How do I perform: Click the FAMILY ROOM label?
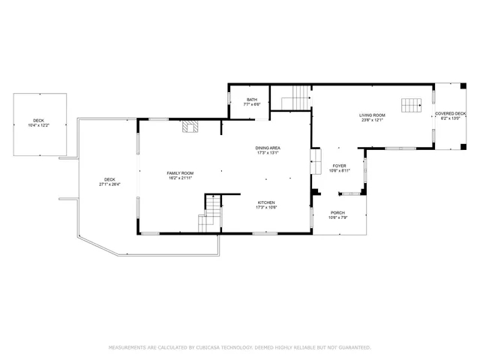(x=180, y=173)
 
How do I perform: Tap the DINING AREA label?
(x=268, y=148)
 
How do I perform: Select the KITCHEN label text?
(x=266, y=202)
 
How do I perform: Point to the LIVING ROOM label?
(x=373, y=115)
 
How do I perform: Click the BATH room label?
(x=252, y=100)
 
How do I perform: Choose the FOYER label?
(x=338, y=166)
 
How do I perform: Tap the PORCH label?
(x=337, y=213)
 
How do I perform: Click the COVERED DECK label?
(x=450, y=113)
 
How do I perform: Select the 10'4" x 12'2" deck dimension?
(x=38, y=125)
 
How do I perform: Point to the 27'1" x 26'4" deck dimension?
(x=109, y=184)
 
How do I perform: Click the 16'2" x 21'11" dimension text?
(x=180, y=178)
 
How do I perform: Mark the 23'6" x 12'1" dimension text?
(x=373, y=120)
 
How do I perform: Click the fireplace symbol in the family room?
(x=190, y=126)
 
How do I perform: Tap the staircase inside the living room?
(x=410, y=105)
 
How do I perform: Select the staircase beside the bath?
(x=294, y=97)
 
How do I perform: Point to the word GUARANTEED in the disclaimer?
(x=352, y=348)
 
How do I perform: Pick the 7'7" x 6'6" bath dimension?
(x=252, y=104)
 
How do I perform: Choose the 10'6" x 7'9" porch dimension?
(x=337, y=218)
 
